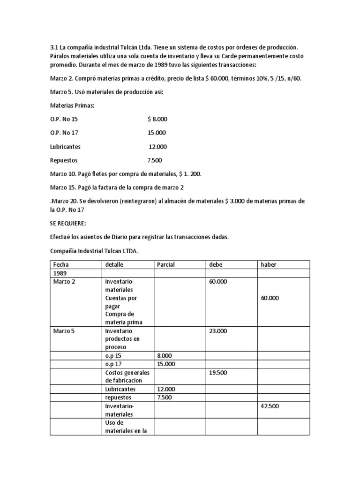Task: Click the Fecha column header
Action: tap(60, 264)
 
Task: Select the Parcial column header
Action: tap(166, 264)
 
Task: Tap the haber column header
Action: tap(269, 264)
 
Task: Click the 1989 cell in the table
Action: tap(60, 273)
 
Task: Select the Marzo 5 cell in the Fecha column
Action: tap(64, 330)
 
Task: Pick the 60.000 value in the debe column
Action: tap(218, 281)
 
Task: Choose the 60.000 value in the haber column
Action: tap(270, 298)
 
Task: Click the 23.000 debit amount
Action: tap(218, 330)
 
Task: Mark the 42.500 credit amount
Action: tap(270, 406)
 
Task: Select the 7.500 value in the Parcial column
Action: tap(165, 397)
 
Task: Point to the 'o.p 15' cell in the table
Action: tap(113, 355)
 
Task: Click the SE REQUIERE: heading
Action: tap(68, 224)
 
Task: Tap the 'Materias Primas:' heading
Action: tap(72, 106)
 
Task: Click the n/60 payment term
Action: tap(292, 78)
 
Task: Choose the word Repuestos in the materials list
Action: tap(64, 160)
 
